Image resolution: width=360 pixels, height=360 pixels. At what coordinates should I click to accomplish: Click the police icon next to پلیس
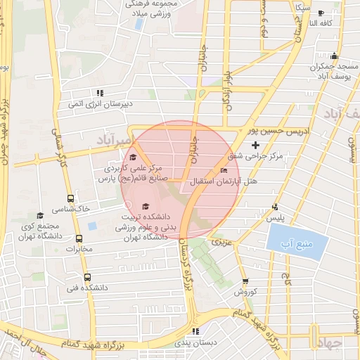(x=275, y=207)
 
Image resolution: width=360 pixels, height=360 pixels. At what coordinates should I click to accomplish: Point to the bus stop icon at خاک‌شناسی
(x=70, y=199)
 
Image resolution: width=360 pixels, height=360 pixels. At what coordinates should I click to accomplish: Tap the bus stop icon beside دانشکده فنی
(x=87, y=277)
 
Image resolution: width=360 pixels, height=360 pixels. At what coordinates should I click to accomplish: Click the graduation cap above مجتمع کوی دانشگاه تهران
(x=40, y=215)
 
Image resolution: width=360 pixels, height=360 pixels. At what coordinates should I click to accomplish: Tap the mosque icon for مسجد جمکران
(x=335, y=56)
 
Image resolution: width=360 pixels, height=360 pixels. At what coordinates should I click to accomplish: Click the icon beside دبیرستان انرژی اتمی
(x=100, y=92)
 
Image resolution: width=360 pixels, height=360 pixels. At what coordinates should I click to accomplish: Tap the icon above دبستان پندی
(x=195, y=331)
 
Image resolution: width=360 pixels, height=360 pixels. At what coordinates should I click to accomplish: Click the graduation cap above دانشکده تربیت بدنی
(x=146, y=206)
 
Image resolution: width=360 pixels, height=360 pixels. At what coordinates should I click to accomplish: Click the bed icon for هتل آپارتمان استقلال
(x=224, y=170)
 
